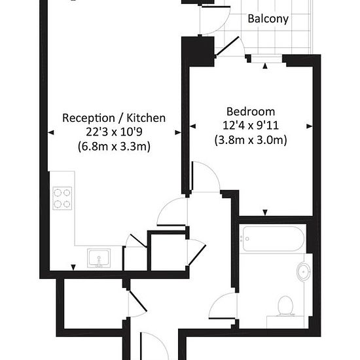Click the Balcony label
click(268, 19)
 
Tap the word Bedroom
click(251, 111)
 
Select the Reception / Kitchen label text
click(114, 118)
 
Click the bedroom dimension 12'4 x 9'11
click(251, 126)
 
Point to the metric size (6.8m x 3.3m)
click(114, 146)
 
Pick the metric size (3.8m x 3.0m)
click(251, 140)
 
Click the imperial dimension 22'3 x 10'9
click(114, 132)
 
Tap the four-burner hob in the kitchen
click(62, 198)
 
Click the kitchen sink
click(99, 259)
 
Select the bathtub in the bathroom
click(273, 239)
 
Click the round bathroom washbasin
click(304, 272)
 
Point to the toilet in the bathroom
click(285, 306)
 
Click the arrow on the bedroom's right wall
click(309, 126)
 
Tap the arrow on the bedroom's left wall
click(193, 126)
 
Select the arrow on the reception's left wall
click(51, 132)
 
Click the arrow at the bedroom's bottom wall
click(265, 213)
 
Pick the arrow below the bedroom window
click(265, 66)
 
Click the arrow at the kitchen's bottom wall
click(73, 268)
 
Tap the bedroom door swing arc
click(212, 169)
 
